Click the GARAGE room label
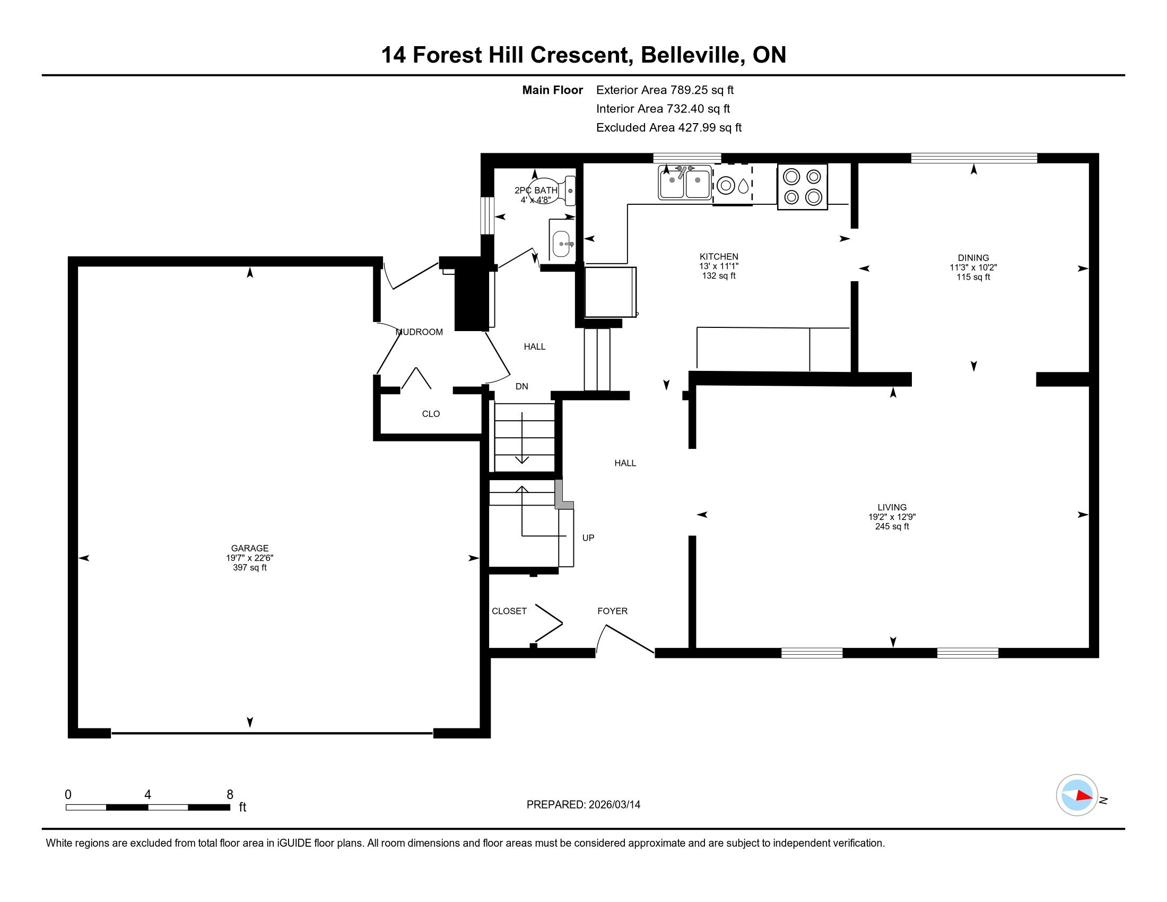249,548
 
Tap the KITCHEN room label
719,256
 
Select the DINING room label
973,257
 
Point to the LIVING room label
892,507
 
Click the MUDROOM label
420,332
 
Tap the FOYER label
612,611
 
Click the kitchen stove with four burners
802,186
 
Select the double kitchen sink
684,182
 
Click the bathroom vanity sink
561,244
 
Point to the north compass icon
1077,795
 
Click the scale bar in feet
148,807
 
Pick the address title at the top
583,55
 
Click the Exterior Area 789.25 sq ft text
665,90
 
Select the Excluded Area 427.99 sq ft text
669,127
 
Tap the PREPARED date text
583,804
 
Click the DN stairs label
521,386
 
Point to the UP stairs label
588,537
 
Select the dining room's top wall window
973,158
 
